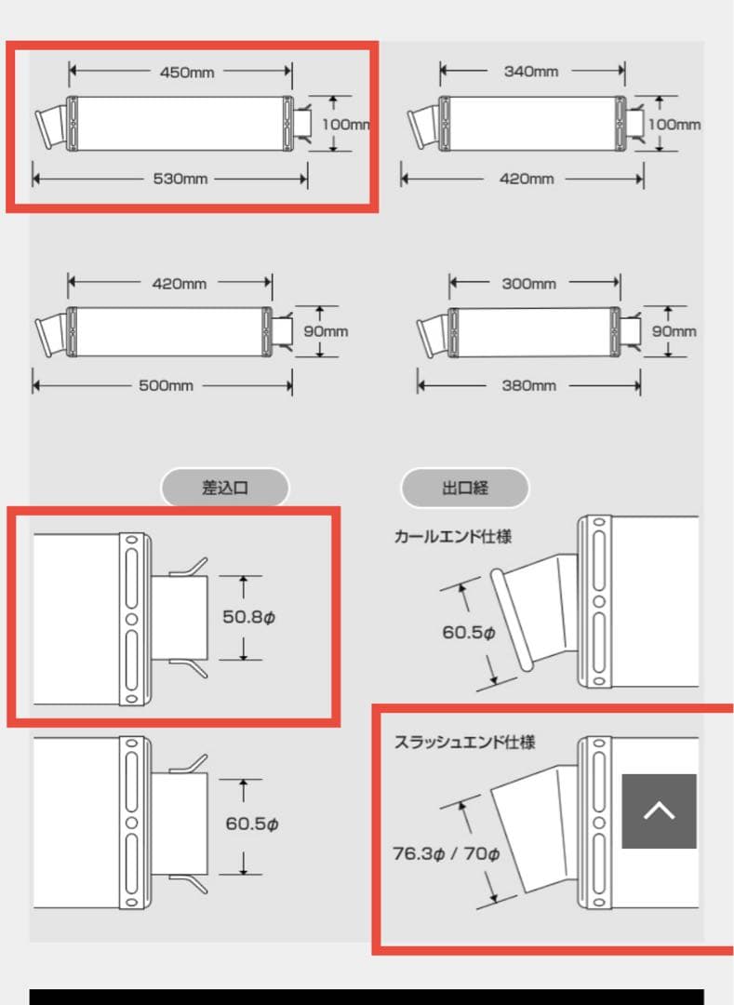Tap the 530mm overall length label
(x=180, y=179)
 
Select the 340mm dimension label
(x=531, y=71)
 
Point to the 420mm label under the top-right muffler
(x=527, y=179)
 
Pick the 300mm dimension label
(x=529, y=284)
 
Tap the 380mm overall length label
(x=529, y=385)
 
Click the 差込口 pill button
(x=225, y=488)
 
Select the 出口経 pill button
(x=465, y=488)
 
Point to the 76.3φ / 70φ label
(x=446, y=853)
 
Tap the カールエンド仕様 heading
(x=452, y=537)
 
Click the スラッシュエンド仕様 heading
(x=464, y=742)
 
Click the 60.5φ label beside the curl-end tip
(x=469, y=634)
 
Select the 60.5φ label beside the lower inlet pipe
(x=252, y=824)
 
